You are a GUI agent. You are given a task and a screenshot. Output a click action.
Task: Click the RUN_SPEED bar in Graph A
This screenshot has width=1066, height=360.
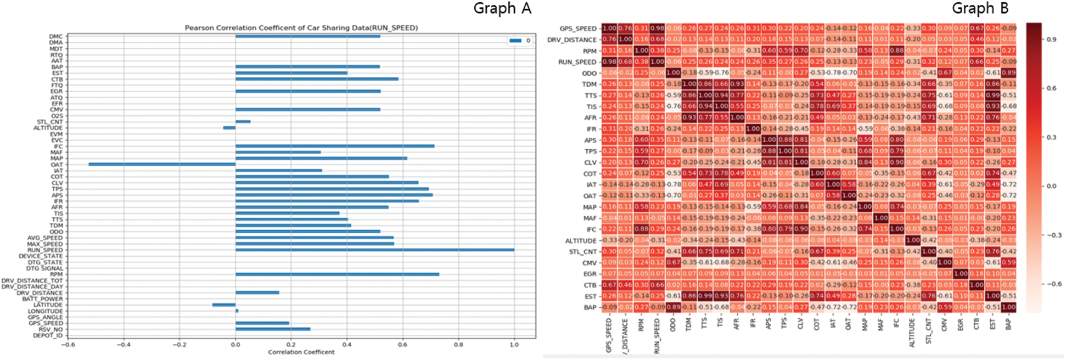point(375,250)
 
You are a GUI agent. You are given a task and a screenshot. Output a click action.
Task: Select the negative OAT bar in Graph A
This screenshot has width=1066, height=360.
point(162,164)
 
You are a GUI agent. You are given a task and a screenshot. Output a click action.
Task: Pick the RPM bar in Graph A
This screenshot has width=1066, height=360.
point(337,274)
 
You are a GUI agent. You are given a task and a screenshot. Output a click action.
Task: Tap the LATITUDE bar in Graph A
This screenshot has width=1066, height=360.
point(224,305)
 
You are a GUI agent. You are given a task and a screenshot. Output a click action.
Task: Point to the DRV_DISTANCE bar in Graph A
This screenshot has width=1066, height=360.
point(257,292)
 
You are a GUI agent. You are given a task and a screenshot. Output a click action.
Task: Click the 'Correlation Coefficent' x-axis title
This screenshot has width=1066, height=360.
point(301,352)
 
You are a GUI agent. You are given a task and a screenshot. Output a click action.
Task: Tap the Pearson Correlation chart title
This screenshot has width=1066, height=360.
point(301,28)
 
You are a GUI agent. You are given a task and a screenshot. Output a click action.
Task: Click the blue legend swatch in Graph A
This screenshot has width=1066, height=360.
point(515,41)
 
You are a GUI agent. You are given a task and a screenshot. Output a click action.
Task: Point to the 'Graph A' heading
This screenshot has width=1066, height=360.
point(502,9)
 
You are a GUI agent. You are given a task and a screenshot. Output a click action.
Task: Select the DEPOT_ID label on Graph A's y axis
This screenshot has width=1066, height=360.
point(48,335)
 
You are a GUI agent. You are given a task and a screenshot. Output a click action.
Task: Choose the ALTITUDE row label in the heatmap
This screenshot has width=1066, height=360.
point(581,241)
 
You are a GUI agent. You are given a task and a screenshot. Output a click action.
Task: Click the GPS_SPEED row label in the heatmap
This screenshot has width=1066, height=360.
point(578,29)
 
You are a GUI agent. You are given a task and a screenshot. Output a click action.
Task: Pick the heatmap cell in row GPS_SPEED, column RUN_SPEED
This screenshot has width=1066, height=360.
point(657,29)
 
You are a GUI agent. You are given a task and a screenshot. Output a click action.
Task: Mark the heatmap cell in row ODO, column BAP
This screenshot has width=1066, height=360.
point(1008,73)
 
